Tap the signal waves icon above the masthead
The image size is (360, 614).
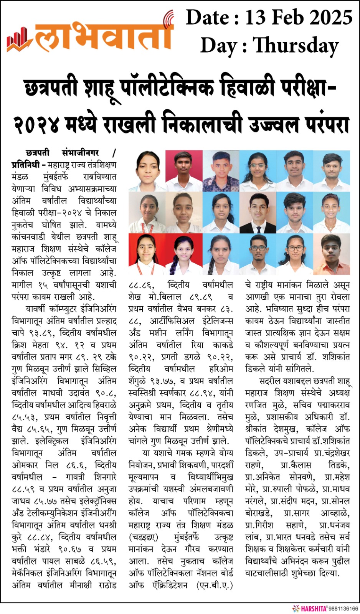pos(168,18)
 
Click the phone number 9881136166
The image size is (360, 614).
pos(343,609)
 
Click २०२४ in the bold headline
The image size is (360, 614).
pos(37,124)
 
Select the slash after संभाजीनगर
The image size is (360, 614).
pos(114,153)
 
